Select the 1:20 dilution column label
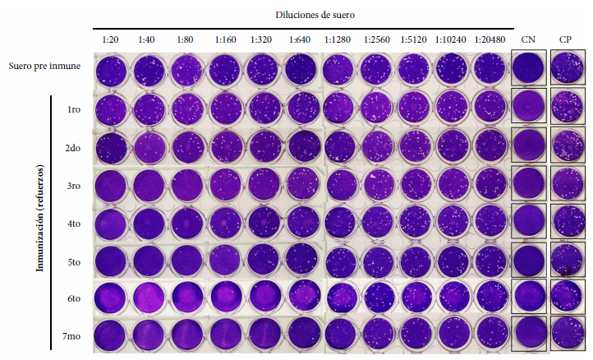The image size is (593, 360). point(110,39)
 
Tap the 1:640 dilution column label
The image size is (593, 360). point(299,39)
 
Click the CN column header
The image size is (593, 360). point(527,39)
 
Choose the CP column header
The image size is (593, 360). point(566,39)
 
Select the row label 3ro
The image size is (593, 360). point(74,186)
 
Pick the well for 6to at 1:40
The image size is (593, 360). point(149,298)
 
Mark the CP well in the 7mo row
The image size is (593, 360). point(567,335)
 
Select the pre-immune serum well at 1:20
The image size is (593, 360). point(112,69)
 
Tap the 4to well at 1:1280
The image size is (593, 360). point(340,222)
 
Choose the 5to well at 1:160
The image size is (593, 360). point(225,260)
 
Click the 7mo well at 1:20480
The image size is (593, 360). point(491,335)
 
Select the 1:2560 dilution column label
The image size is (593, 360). point(376,39)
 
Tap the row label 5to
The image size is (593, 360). point(74,262)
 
